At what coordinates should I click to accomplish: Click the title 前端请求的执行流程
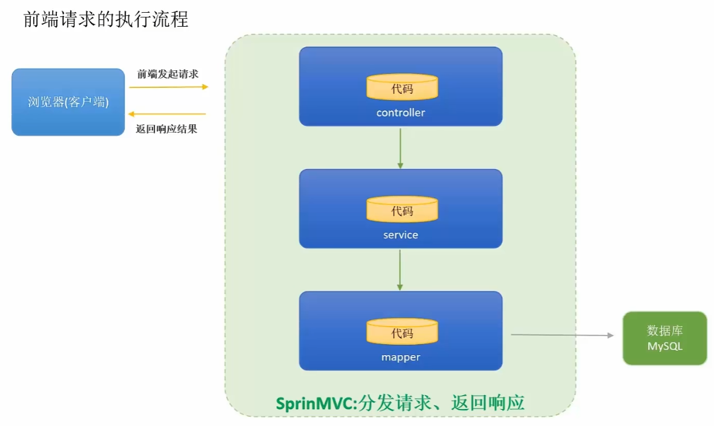coord(105,19)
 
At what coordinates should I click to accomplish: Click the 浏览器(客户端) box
coord(68,102)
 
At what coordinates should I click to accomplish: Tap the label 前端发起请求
coord(168,74)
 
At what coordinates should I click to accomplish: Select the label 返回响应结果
coord(167,129)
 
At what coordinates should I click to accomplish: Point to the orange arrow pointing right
coord(168,87)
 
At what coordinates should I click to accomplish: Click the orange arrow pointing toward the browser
coord(167,114)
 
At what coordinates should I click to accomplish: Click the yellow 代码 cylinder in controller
coord(402,87)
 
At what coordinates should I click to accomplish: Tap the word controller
coord(401,113)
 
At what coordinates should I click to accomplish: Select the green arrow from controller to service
coord(400,148)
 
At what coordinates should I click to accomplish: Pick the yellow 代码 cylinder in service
coord(402,209)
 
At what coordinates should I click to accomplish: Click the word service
coord(401,235)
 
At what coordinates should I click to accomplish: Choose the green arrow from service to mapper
coord(400,270)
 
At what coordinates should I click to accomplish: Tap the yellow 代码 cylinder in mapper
coord(402,331)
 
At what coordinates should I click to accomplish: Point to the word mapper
coord(401,357)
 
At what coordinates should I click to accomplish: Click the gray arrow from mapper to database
coord(563,335)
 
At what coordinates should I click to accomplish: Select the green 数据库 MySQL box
coord(665,338)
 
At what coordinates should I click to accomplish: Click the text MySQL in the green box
coord(665,346)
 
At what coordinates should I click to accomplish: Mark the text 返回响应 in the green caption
coord(488,403)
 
